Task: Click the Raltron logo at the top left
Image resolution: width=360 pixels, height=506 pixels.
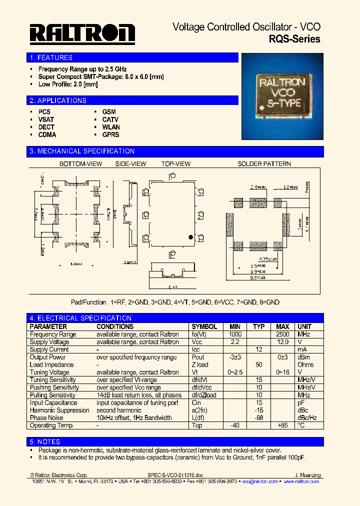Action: click(82, 34)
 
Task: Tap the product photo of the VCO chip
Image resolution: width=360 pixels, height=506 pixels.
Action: click(283, 90)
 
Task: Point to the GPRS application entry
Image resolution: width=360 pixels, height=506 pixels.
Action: click(110, 134)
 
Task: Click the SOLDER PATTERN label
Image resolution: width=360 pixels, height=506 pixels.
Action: click(263, 163)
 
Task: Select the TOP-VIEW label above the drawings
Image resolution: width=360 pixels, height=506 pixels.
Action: click(175, 163)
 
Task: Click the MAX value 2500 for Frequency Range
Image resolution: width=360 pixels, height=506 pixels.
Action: click(282, 334)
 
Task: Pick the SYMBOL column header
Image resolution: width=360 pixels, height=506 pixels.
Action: click(204, 326)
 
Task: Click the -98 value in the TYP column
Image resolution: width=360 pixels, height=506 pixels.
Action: click(259, 417)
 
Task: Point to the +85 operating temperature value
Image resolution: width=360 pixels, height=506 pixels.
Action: click(282, 425)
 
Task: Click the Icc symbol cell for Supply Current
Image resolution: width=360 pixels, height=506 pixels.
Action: click(196, 349)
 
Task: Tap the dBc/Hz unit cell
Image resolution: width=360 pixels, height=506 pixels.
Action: click(307, 417)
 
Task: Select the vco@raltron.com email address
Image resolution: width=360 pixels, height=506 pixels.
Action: click(259, 481)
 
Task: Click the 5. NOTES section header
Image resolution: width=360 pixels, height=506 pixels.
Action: click(45, 441)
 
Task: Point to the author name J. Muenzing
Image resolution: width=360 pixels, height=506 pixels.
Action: click(307, 475)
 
